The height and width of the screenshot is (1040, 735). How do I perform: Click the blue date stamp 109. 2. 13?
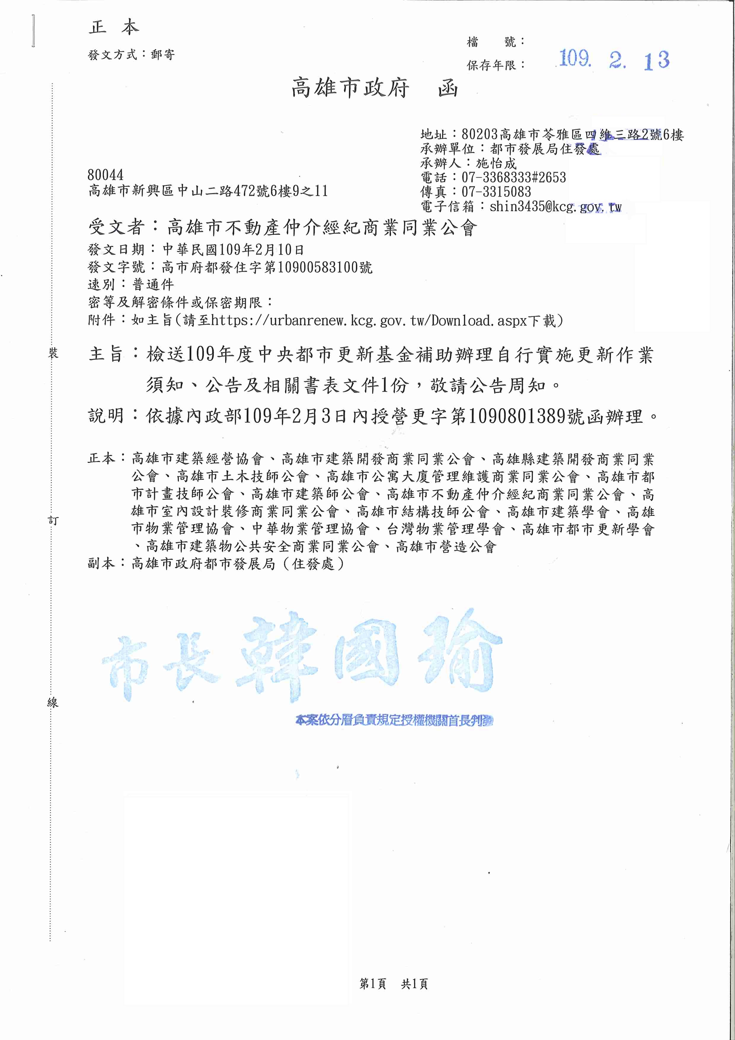[x=613, y=59]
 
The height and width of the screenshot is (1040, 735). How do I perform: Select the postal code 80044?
[x=106, y=175]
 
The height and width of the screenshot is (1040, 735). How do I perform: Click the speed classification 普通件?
[x=153, y=285]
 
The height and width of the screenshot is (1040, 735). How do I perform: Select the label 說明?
[x=106, y=415]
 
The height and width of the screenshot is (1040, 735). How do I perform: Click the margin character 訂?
[x=53, y=521]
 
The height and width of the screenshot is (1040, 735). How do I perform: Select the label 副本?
[x=102, y=564]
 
